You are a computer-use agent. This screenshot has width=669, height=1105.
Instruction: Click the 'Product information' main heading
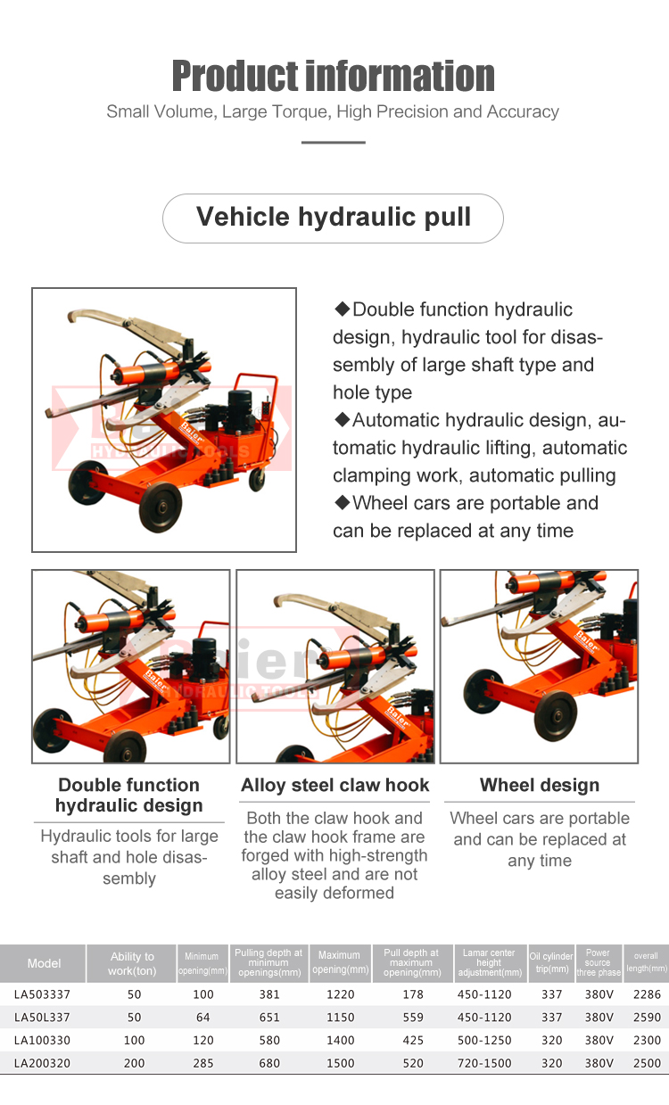click(333, 76)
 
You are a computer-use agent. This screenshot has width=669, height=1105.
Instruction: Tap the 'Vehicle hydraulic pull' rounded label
click(334, 218)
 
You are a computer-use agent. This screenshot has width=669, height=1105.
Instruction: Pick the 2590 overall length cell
click(646, 1018)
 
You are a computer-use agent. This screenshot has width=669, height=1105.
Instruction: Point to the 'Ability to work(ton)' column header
click(132, 963)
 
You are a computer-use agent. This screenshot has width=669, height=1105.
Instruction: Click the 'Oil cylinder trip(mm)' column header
click(551, 963)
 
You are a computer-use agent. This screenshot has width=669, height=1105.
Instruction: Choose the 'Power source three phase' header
click(598, 963)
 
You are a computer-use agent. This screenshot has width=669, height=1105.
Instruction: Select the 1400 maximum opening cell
click(340, 1041)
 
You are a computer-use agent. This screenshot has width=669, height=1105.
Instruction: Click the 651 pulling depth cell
click(269, 1018)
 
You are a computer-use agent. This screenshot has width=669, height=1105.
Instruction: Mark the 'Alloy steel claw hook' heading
click(335, 786)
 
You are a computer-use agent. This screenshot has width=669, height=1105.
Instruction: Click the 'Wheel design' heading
click(540, 786)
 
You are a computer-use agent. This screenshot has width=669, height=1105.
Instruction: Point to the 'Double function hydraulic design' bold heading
click(129, 796)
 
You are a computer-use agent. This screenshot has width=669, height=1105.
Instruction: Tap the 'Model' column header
click(44, 963)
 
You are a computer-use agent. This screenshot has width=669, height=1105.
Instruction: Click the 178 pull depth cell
click(411, 994)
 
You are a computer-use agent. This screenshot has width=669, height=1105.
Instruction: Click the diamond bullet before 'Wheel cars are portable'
click(342, 503)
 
